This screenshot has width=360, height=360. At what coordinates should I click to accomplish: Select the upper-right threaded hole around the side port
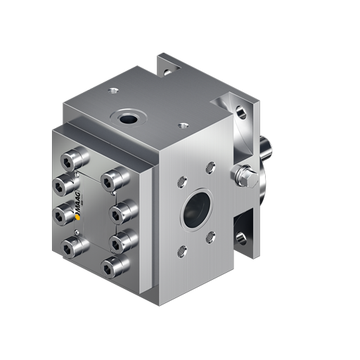coord(208,167)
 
